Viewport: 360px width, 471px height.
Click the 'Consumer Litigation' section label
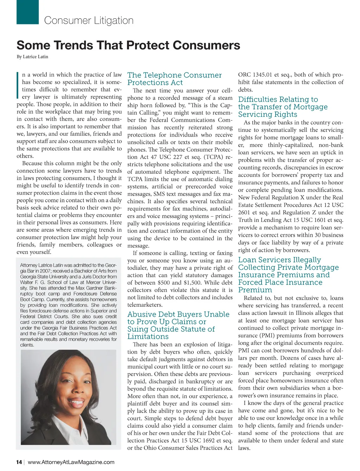click(89, 20)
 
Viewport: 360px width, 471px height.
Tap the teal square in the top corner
click(27, 12)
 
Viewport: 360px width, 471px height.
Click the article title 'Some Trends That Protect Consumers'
click(128, 45)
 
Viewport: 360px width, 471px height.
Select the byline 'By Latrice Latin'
click(32, 57)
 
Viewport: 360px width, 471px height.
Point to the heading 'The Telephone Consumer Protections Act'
click(174, 79)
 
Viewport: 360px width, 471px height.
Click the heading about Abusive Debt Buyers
click(178, 325)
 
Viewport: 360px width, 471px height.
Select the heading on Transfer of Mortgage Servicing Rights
click(283, 107)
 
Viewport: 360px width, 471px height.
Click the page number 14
click(19, 462)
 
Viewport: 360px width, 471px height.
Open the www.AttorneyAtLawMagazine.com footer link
click(71, 462)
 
